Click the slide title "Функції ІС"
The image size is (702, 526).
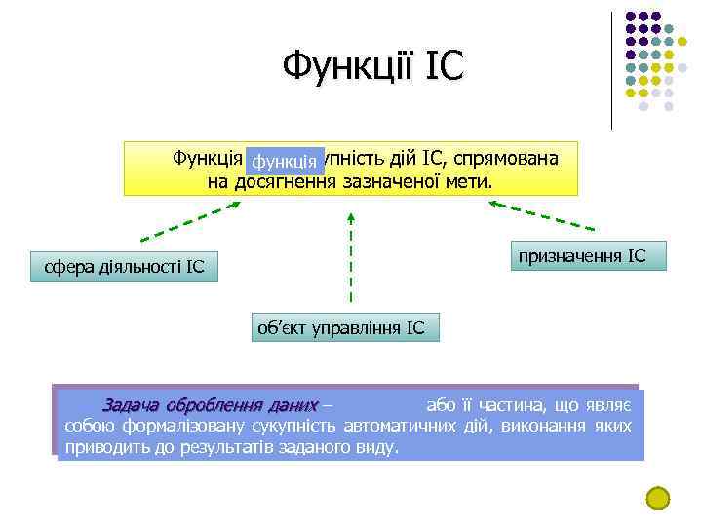tap(373, 67)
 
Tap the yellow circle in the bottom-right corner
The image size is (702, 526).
tap(659, 498)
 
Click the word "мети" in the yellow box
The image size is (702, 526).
tap(469, 182)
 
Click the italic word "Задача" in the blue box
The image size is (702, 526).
tap(132, 404)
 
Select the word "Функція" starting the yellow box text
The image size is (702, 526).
tap(207, 158)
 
